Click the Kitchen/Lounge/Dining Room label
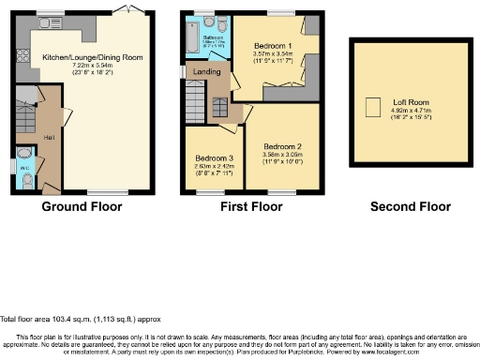(92, 57)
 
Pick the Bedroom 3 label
(212, 157)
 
